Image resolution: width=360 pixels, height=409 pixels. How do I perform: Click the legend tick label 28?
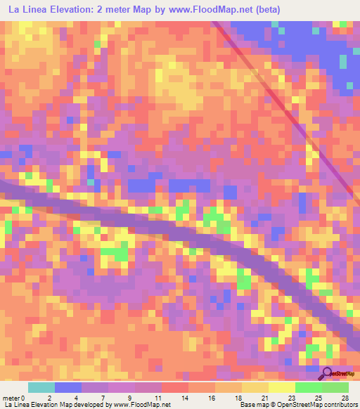(x=344, y=398)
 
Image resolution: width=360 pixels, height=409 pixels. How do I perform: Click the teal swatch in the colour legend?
(x=41, y=387)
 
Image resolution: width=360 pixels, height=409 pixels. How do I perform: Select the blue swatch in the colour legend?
(x=68, y=387)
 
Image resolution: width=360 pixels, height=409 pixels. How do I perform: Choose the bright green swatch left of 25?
(x=308, y=387)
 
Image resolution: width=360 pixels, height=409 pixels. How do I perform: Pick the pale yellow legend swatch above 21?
(x=255, y=387)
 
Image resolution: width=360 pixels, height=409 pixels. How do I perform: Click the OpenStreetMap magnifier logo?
(x=328, y=373)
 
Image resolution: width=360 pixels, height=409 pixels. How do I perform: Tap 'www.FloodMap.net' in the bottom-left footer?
(x=142, y=405)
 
